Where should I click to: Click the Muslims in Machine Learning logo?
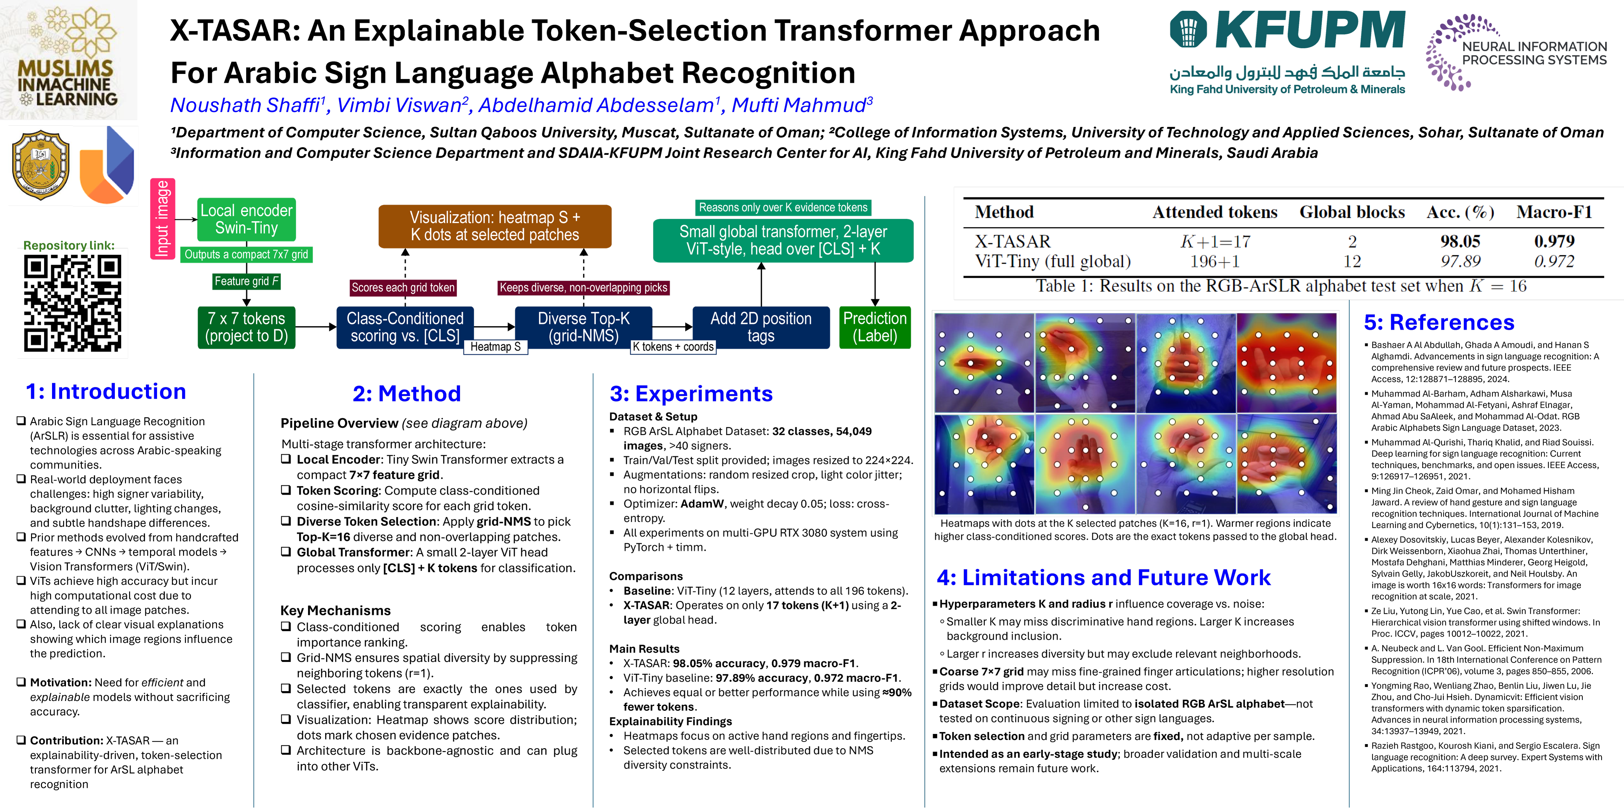pyautogui.click(x=68, y=60)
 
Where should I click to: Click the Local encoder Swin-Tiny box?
pyautogui.click(x=246, y=219)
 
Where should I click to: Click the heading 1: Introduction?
pyautogui.click(x=106, y=391)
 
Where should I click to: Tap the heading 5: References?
pyautogui.click(x=1439, y=323)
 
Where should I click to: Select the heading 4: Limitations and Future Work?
pyautogui.click(x=1103, y=578)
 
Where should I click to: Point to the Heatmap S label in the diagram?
pyautogui.click(x=495, y=347)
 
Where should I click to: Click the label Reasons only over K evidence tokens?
pyautogui.click(x=783, y=207)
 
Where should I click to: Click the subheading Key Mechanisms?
pyautogui.click(x=335, y=610)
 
